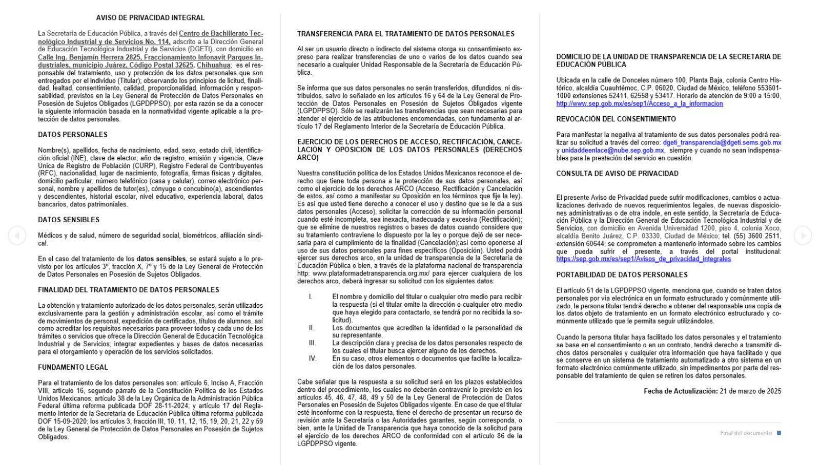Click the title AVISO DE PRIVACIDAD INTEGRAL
point(150,18)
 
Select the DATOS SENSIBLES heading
point(69,220)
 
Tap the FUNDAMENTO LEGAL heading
point(73,367)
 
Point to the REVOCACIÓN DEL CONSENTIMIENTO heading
point(616,119)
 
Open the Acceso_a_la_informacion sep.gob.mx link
point(640,104)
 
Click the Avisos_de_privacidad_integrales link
point(643,259)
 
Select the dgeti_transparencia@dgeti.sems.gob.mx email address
point(722,143)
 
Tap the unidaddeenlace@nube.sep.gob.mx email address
point(612,151)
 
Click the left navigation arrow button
point(17,236)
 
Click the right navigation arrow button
point(803,236)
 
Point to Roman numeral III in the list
point(312,343)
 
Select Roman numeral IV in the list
point(313,358)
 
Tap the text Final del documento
point(746,433)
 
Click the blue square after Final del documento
point(779,433)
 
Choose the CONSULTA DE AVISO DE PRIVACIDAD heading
point(617,174)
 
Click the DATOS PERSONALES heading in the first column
point(73,135)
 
